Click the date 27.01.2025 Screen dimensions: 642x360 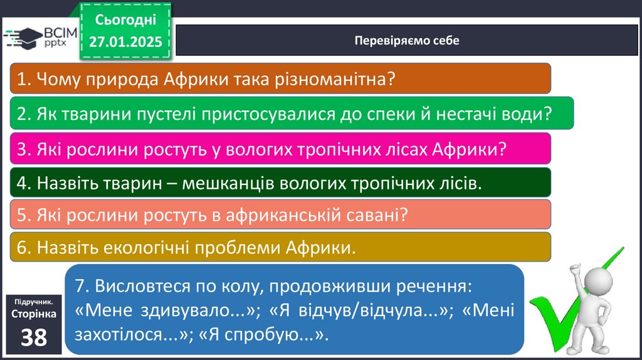pos(125,42)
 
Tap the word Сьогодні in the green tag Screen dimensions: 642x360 pos(125,19)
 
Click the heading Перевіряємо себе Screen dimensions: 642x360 pos(406,41)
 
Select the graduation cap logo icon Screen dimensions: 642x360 pos(23,38)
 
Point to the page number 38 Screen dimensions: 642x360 pos(34,337)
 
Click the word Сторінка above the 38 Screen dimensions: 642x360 pos(34,314)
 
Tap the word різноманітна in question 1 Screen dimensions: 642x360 pos(335,78)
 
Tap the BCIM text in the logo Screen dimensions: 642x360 pos(60,33)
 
